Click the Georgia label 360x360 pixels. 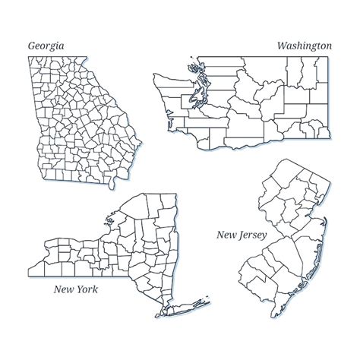coord(46,46)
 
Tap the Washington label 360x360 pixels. coord(304,46)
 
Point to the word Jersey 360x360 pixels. coord(251,236)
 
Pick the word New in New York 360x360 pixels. coord(63,289)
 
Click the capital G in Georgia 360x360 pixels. coord(31,46)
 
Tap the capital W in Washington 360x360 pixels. coord(283,46)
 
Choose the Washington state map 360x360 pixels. coord(243,106)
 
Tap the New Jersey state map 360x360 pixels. coord(281,228)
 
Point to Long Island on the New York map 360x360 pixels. coord(190,302)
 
